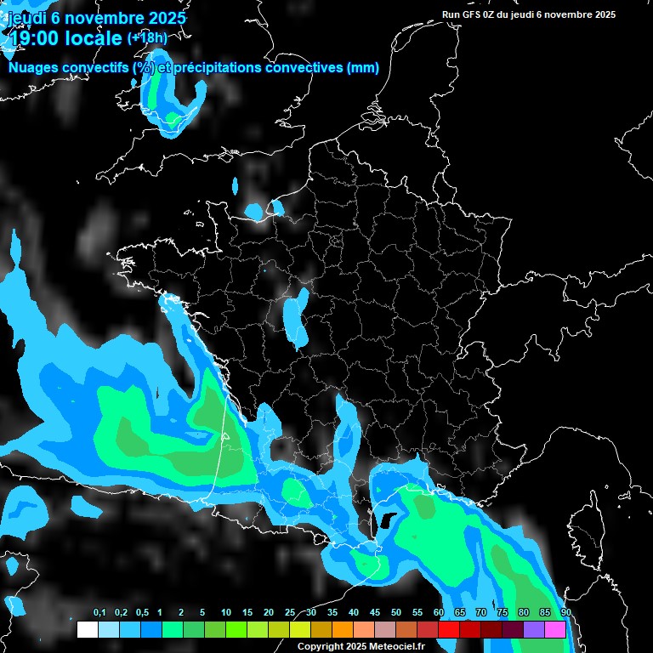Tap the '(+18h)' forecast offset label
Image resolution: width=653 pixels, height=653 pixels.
coord(148,37)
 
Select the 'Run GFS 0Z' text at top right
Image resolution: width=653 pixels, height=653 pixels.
coord(473,14)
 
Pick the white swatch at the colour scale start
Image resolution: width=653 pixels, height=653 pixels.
coord(88,630)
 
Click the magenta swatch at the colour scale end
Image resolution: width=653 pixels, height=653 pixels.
coord(555,630)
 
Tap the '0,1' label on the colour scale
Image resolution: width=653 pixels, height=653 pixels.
coord(99,614)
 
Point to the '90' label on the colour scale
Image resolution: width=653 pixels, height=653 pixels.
coord(566,614)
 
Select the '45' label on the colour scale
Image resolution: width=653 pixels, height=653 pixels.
coord(375,614)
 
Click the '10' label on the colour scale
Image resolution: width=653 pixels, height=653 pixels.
coord(226,614)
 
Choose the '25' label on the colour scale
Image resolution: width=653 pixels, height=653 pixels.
coord(290,614)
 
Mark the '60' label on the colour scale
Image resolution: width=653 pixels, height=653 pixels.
coord(439,614)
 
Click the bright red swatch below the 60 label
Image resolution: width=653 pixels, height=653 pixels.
coord(449,630)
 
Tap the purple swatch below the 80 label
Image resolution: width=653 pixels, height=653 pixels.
coord(534,630)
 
